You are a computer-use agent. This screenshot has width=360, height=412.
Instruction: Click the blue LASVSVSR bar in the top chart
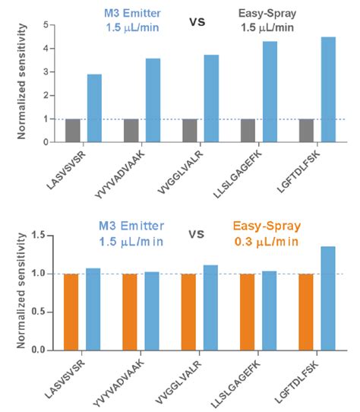tap(94, 108)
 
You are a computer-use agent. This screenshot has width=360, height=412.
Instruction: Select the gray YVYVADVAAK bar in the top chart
tap(131, 131)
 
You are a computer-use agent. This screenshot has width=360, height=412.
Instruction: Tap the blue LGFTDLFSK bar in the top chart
tap(329, 90)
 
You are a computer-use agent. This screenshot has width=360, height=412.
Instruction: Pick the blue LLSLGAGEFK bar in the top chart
tap(270, 92)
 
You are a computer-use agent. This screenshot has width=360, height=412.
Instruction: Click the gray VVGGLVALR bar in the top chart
tap(190, 131)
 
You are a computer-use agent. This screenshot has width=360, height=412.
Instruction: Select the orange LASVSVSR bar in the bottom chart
tap(71, 312)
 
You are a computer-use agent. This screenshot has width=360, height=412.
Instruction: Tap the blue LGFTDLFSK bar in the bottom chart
tap(328, 299)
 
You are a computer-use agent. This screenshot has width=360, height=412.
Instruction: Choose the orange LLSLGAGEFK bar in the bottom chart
tap(248, 312)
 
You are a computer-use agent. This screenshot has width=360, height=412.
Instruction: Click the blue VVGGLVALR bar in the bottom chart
tap(210, 308)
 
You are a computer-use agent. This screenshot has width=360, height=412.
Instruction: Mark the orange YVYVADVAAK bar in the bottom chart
tap(130, 312)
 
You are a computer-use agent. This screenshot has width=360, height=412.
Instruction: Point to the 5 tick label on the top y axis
tap(46, 25)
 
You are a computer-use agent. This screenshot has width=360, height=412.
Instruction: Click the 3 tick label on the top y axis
tap(46, 71)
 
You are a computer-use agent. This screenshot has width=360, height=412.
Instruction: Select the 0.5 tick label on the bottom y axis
tap(39, 312)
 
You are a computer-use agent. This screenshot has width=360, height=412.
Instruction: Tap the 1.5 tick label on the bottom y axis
tap(39, 235)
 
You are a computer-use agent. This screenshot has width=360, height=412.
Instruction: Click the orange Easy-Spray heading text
tap(267, 226)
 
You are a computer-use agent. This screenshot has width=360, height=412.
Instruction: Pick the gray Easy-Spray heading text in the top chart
tap(267, 14)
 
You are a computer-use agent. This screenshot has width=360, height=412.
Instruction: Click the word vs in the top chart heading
tap(197, 21)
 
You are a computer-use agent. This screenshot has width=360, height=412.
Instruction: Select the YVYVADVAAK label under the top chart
tap(120, 174)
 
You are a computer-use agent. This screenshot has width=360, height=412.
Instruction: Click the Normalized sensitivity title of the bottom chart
tap(21, 290)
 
